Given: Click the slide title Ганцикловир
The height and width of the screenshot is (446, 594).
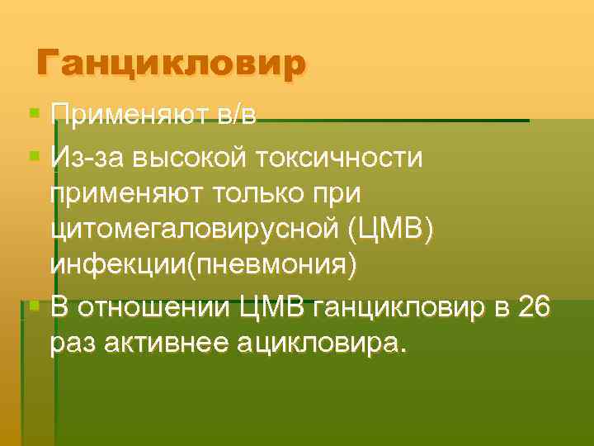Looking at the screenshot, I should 172,63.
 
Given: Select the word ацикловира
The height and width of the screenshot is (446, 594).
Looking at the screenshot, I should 321,342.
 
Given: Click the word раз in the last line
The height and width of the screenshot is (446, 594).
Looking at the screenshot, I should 70,342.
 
